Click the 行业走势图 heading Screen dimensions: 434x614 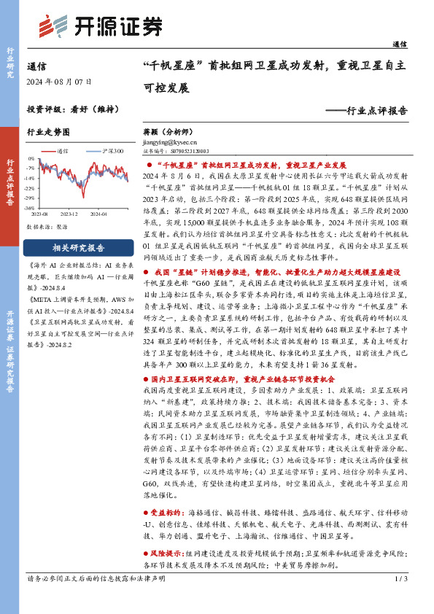click(48, 132)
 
